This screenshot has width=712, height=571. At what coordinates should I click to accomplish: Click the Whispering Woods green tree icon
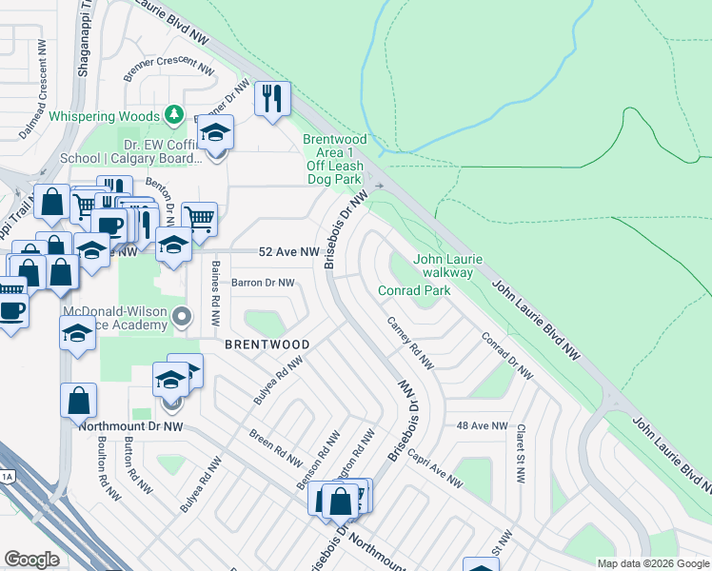[173, 115]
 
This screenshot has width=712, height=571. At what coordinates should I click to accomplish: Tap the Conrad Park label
[413, 290]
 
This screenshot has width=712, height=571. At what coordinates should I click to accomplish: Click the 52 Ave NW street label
[289, 252]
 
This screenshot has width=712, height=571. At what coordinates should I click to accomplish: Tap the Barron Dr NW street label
[263, 283]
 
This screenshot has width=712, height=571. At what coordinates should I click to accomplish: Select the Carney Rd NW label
[409, 345]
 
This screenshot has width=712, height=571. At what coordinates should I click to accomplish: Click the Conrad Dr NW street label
[504, 357]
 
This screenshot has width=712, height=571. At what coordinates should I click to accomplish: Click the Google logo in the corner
[32, 560]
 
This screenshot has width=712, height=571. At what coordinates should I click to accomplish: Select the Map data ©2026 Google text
[652, 562]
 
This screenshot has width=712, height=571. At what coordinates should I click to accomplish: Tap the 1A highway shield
[7, 476]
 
